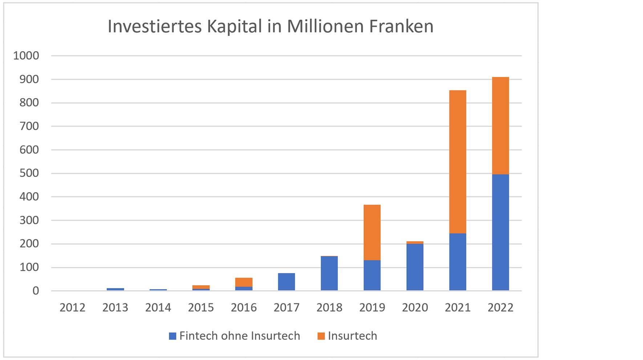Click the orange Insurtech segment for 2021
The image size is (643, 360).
coord(457,162)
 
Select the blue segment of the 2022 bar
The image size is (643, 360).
coord(500,232)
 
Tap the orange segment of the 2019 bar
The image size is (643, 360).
coord(372,232)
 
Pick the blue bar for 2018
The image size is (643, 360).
coord(329,273)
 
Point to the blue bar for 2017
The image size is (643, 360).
coord(286,282)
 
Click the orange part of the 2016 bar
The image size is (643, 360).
coord(244,282)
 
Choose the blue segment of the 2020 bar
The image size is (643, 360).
coord(414,267)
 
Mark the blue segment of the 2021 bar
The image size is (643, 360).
coord(457,262)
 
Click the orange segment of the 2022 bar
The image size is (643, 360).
coord(500,126)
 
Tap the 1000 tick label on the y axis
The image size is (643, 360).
coord(26,56)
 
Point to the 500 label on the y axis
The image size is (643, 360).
coord(29,173)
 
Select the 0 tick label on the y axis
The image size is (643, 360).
coord(36,291)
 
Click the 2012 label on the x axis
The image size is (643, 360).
coord(72,308)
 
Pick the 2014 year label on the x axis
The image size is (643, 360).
coord(158,308)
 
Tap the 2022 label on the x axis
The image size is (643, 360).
coord(500,308)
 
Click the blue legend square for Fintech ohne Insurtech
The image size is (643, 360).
coord(173,336)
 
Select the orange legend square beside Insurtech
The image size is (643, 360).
coord(321,336)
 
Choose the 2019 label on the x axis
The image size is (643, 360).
coord(372,308)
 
